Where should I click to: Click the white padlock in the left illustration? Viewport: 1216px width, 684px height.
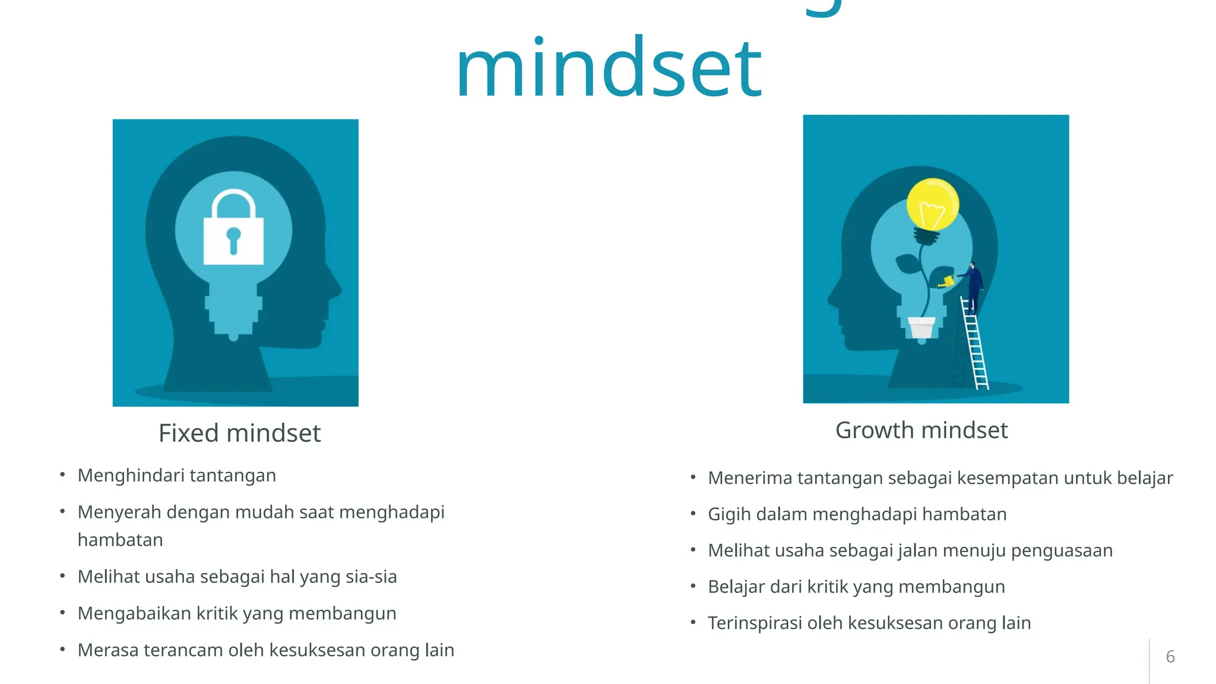(x=233, y=237)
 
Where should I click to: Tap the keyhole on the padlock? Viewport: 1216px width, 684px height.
(x=233, y=239)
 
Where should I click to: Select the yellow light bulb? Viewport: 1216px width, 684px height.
(x=932, y=205)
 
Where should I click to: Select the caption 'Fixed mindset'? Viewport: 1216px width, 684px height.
(x=239, y=433)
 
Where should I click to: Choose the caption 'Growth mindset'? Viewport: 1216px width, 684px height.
(x=921, y=430)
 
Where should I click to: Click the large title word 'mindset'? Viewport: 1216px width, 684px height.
(x=609, y=68)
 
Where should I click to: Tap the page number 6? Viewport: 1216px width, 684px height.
(x=1170, y=657)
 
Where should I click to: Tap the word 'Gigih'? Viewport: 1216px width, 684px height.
(x=729, y=515)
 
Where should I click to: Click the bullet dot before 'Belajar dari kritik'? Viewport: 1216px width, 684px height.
(x=693, y=586)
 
